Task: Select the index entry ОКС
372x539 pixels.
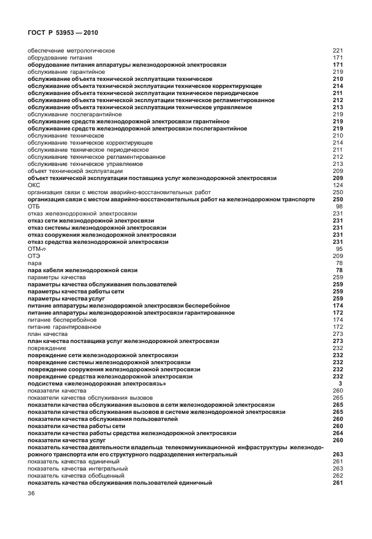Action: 34,185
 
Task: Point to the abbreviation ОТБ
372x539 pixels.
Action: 34,207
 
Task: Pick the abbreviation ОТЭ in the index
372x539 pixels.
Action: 34,256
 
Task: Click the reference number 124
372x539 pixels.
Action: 338,185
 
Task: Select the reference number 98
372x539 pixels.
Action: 340,207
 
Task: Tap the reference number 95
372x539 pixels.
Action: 340,249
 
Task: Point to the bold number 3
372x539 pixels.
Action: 341,384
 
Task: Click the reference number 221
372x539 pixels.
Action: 338,51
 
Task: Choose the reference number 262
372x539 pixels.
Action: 338,475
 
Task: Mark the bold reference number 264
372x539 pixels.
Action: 338,433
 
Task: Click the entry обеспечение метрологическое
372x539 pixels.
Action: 71,51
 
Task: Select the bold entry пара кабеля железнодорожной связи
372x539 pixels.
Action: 83,270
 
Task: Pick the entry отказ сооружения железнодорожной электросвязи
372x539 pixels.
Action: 102,234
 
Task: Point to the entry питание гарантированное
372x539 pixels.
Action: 64,326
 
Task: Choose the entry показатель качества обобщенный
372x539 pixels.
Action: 76,475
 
